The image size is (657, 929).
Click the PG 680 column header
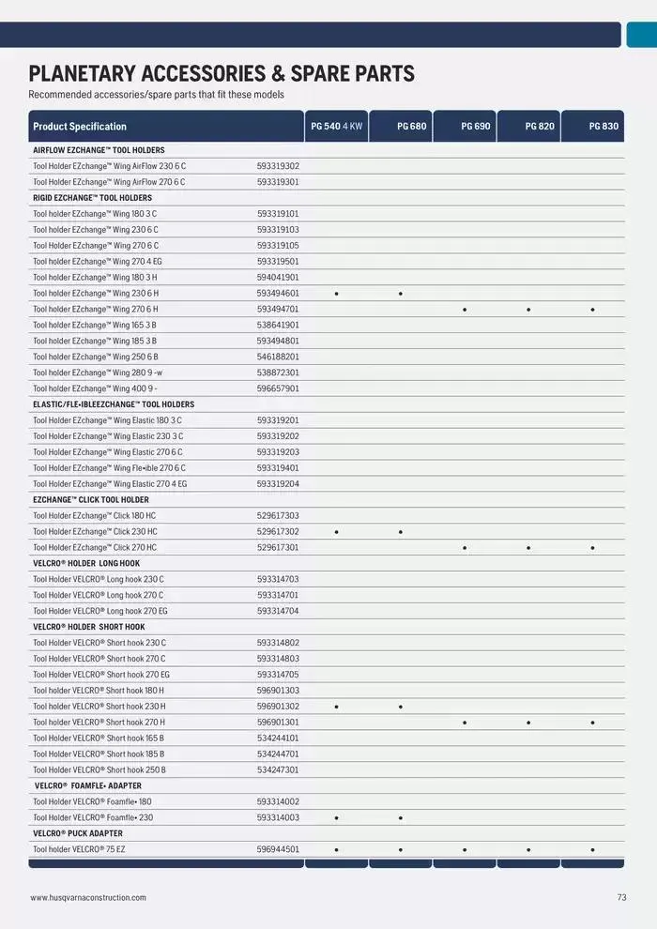(x=411, y=126)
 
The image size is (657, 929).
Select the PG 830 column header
(x=604, y=126)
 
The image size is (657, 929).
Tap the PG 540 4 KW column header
(x=336, y=126)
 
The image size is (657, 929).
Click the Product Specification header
(x=80, y=127)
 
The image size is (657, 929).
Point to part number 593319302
(x=278, y=166)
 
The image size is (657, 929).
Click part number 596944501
(x=278, y=849)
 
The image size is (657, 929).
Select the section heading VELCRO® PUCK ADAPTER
(x=78, y=833)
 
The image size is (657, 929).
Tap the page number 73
(x=621, y=898)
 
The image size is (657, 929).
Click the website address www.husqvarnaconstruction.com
(x=88, y=898)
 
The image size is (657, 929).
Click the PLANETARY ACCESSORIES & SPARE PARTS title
(x=222, y=74)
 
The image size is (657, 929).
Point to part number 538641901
(x=278, y=325)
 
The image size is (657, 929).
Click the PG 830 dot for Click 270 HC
(x=593, y=548)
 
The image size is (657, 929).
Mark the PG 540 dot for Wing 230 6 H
(x=336, y=294)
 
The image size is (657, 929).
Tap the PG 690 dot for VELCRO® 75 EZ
(x=465, y=850)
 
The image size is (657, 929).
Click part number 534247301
(x=278, y=769)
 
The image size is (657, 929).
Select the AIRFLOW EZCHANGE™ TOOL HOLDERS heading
(x=99, y=150)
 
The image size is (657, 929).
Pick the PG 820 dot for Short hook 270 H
(x=528, y=723)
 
